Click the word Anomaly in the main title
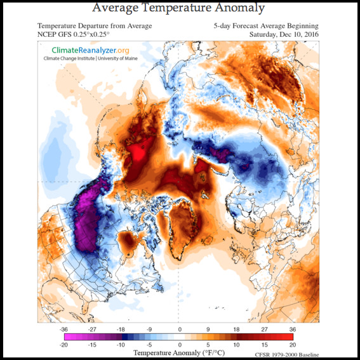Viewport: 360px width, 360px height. click(x=240, y=8)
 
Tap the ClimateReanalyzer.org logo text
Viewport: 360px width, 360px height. click(x=90, y=50)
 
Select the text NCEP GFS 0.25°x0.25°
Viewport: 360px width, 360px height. click(x=74, y=34)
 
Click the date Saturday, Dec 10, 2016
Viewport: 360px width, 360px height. click(x=284, y=35)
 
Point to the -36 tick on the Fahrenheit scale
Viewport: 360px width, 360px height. click(x=63, y=330)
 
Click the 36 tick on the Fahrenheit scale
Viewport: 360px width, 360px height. click(x=293, y=330)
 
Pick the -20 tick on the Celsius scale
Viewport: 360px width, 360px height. click(x=63, y=345)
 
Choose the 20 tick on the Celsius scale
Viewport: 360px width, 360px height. click(x=293, y=345)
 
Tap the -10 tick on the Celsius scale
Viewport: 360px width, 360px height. click(x=121, y=345)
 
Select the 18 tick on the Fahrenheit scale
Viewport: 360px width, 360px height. click(x=236, y=330)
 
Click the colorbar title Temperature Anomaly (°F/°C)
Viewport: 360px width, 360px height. click(x=179, y=353)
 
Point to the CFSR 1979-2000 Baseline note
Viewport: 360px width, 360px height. click(x=287, y=355)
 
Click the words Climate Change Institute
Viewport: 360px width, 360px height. click(x=69, y=58)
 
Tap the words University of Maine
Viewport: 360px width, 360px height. click(x=118, y=58)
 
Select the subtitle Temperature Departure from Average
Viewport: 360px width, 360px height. click(x=95, y=26)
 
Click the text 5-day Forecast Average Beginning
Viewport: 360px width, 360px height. click(x=266, y=26)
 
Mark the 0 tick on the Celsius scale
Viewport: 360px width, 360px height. click(x=180, y=345)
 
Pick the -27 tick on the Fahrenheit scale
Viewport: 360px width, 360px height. click(x=92, y=330)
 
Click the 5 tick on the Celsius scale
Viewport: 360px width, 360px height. click(x=208, y=345)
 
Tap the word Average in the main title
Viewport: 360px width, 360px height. click(x=116, y=8)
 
